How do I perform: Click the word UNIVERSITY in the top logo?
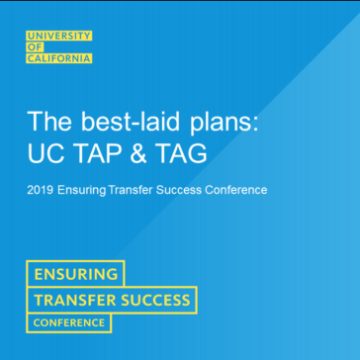[60, 37]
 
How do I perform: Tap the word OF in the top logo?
[36, 47]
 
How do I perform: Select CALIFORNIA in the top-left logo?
[59, 58]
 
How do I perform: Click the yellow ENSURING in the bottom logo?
[76, 274]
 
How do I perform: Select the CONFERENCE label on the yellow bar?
[69, 322]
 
